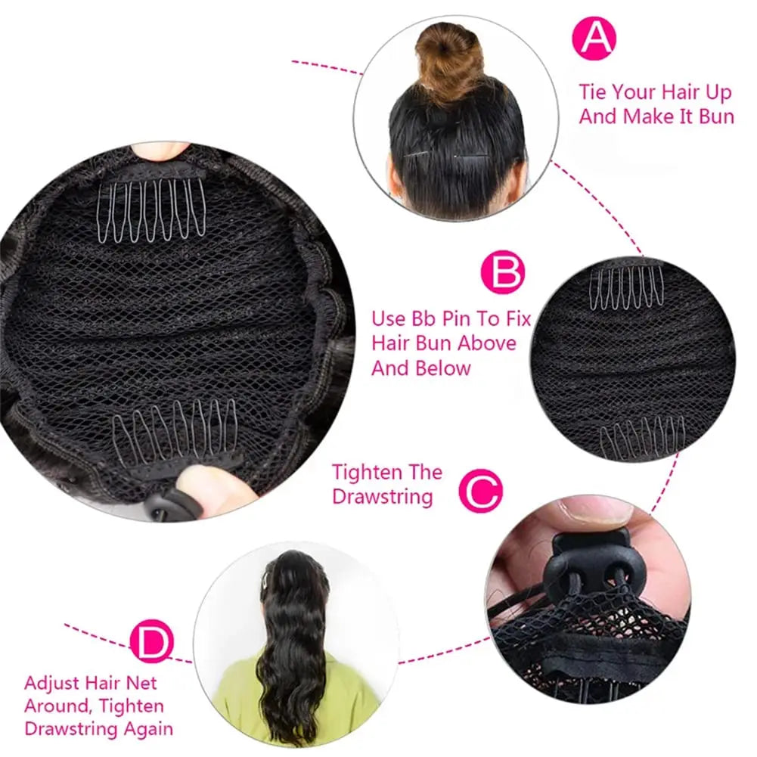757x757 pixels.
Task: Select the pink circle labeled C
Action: (480, 492)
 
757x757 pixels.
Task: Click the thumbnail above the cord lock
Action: (597, 510)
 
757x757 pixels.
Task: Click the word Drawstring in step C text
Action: (383, 497)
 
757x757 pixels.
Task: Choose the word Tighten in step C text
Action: (365, 473)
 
